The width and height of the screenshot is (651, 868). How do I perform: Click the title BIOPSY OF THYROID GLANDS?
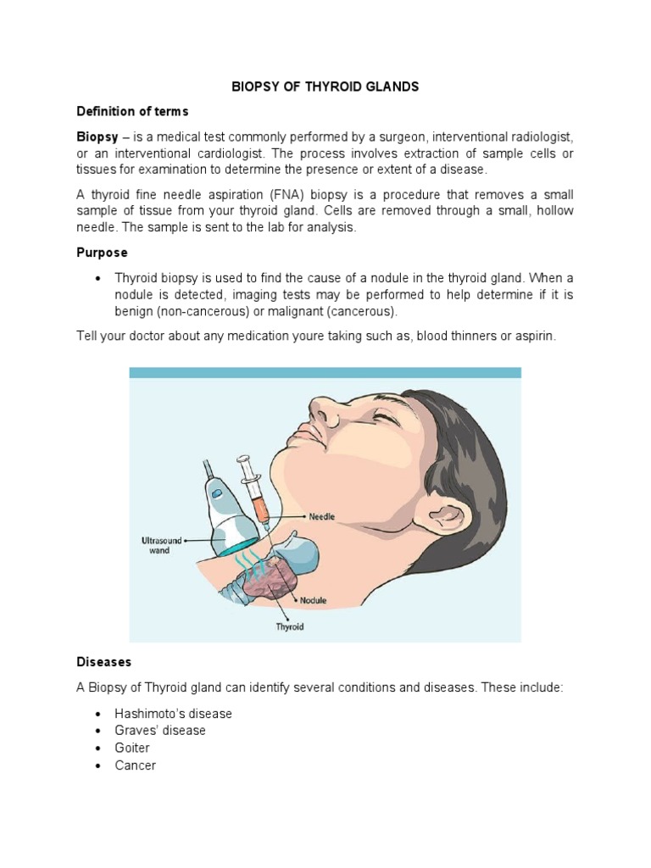[326, 86]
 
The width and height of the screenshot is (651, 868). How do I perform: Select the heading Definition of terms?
[132, 112]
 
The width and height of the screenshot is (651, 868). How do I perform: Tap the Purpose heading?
[102, 253]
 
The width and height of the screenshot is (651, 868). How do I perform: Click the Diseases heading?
[104, 661]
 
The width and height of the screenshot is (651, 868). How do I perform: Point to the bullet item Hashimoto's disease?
[173, 714]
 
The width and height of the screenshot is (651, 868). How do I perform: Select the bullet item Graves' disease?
[160, 731]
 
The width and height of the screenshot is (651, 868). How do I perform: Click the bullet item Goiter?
[132, 748]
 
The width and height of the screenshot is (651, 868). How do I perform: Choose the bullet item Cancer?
[136, 765]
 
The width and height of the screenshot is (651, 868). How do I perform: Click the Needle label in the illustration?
[322, 515]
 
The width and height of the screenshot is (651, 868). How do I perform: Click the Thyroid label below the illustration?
[289, 627]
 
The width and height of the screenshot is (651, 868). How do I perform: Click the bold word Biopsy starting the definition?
[97, 136]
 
